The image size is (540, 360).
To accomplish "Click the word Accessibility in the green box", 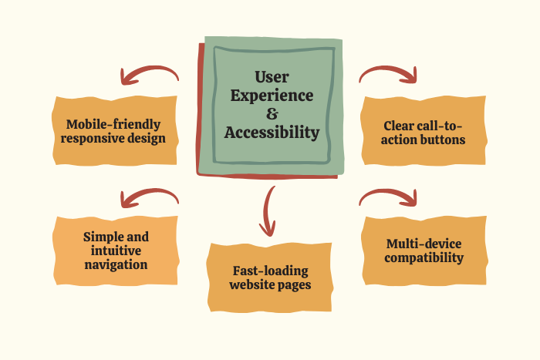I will (272, 133).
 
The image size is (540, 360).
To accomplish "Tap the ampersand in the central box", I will (271, 114).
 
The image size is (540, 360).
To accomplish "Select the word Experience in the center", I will (272, 96).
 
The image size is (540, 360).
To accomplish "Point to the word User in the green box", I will (271, 77).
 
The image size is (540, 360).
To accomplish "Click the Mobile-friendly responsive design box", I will (116, 131).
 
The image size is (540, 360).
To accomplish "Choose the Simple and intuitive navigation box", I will (116, 251).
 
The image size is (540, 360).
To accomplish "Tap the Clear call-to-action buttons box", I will (424, 132).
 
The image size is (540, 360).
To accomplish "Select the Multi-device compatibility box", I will (424, 251).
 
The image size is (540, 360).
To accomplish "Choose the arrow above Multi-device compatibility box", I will (390, 197).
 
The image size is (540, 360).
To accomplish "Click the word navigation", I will (116, 265).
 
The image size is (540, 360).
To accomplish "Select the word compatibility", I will (424, 258).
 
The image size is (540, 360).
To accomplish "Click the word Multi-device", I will (424, 244).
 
